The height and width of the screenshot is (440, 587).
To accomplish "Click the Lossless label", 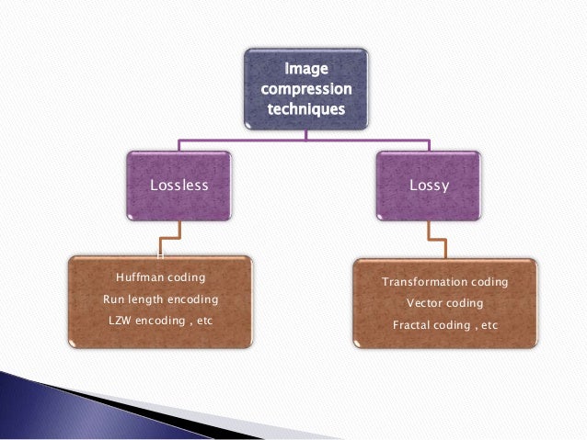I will [179, 186].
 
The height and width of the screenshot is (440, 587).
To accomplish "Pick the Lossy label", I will [429, 186].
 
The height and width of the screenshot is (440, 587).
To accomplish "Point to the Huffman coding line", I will [160, 276].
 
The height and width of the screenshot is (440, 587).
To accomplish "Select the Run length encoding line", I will [160, 298].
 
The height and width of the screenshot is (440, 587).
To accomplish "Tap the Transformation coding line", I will [444, 282].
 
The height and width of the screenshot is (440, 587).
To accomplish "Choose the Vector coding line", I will [444, 303].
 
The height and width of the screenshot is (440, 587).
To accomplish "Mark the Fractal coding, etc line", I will [444, 324].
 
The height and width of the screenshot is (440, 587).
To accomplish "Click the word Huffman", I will [137, 276].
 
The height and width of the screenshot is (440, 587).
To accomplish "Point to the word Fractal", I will [413, 324].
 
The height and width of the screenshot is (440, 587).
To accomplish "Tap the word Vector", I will [425, 303].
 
